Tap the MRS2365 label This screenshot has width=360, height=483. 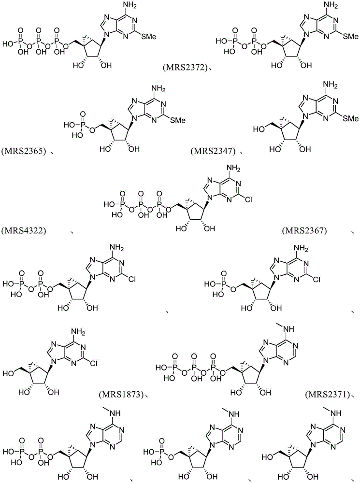click(x=24, y=151)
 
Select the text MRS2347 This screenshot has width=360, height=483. click(x=213, y=151)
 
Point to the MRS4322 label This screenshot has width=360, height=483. click(x=24, y=230)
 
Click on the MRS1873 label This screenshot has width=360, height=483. click(x=121, y=394)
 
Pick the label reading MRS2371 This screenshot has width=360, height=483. click(x=327, y=394)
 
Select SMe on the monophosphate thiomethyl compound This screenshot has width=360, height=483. click(x=178, y=120)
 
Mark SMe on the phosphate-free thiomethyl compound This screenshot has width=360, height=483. click(x=351, y=118)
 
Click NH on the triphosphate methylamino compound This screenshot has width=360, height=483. click(x=286, y=330)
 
